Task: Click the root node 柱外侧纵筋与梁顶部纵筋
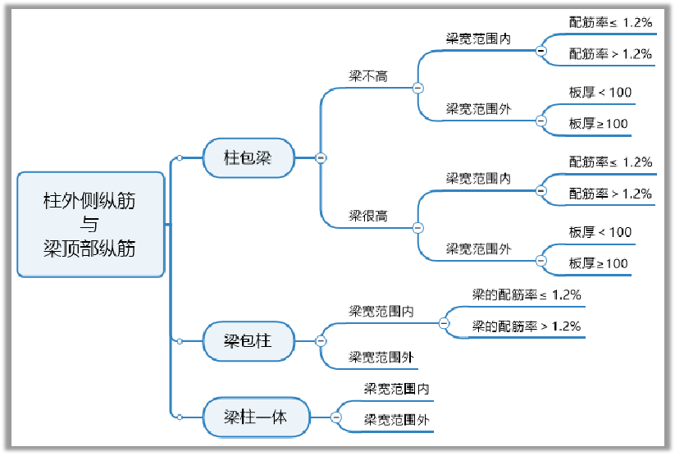pyautogui.click(x=90, y=224)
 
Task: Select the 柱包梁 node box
pyautogui.click(x=247, y=157)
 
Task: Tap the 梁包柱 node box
pyautogui.click(x=247, y=340)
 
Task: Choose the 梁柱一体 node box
pyautogui.click(x=256, y=417)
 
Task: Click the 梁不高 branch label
pyautogui.click(x=368, y=76)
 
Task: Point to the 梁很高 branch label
pyautogui.click(x=368, y=217)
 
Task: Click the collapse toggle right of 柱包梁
pyautogui.click(x=321, y=157)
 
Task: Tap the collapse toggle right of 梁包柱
pyautogui.click(x=321, y=340)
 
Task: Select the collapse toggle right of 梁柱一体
pyautogui.click(x=336, y=417)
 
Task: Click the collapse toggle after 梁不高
pyautogui.click(x=417, y=87)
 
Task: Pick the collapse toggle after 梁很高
pyautogui.click(x=417, y=227)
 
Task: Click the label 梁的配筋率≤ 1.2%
pyautogui.click(x=527, y=294)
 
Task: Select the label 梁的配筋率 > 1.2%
pyautogui.click(x=527, y=326)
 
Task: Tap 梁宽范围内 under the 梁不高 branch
pyautogui.click(x=478, y=39)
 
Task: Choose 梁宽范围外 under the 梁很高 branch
pyautogui.click(x=478, y=248)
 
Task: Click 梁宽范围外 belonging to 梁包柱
pyautogui.click(x=381, y=357)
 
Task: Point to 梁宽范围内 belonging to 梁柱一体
pyautogui.click(x=397, y=389)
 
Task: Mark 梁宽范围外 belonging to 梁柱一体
pyautogui.click(x=397, y=420)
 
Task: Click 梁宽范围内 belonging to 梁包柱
pyautogui.click(x=381, y=311)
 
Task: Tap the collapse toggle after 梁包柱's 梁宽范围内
pyautogui.click(x=444, y=323)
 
